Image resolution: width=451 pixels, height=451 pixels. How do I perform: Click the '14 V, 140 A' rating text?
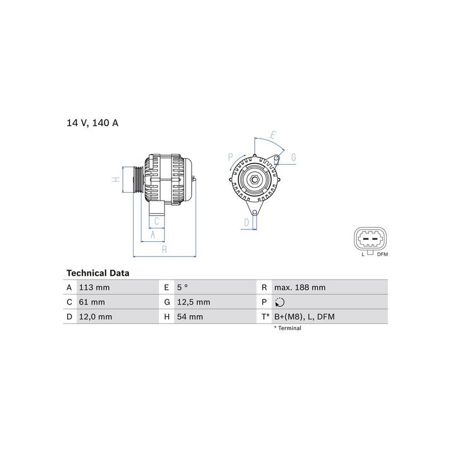[x=92, y=123]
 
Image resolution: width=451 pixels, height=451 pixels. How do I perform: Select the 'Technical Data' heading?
[x=98, y=273]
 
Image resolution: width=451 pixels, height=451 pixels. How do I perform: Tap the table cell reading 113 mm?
[x=94, y=288]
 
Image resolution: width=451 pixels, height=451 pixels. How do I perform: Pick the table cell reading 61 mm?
[x=92, y=302]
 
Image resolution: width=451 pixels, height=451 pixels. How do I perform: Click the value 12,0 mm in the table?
[x=95, y=317]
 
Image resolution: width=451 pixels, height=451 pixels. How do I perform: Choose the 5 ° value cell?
[x=182, y=288]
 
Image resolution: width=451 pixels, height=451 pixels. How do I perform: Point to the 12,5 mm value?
[x=193, y=302]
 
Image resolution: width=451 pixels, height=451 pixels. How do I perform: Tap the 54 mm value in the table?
[x=190, y=317]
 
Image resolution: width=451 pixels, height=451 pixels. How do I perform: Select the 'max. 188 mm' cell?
[x=300, y=288]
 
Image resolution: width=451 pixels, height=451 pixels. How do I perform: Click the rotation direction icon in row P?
[x=280, y=302]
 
